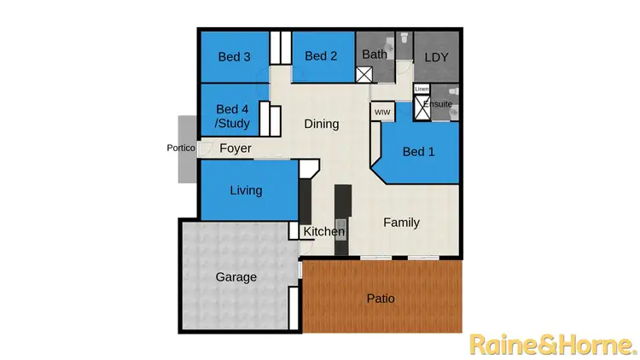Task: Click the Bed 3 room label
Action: [235, 57]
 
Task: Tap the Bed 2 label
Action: [321, 56]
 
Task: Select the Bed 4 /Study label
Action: [233, 117]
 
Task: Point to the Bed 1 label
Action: [418, 152]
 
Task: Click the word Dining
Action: [322, 124]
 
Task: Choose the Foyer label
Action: [236, 148]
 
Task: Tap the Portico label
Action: [181, 148]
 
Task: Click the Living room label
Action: [246, 190]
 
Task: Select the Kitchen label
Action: [324, 231]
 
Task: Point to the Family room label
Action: [401, 223]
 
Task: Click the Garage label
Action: [236, 277]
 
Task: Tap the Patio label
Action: [381, 299]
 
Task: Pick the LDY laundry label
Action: [436, 58]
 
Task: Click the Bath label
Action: [375, 54]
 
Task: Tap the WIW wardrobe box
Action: [381, 111]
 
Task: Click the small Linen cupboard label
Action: [422, 89]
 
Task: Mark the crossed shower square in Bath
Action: [364, 74]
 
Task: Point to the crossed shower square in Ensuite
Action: [422, 106]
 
